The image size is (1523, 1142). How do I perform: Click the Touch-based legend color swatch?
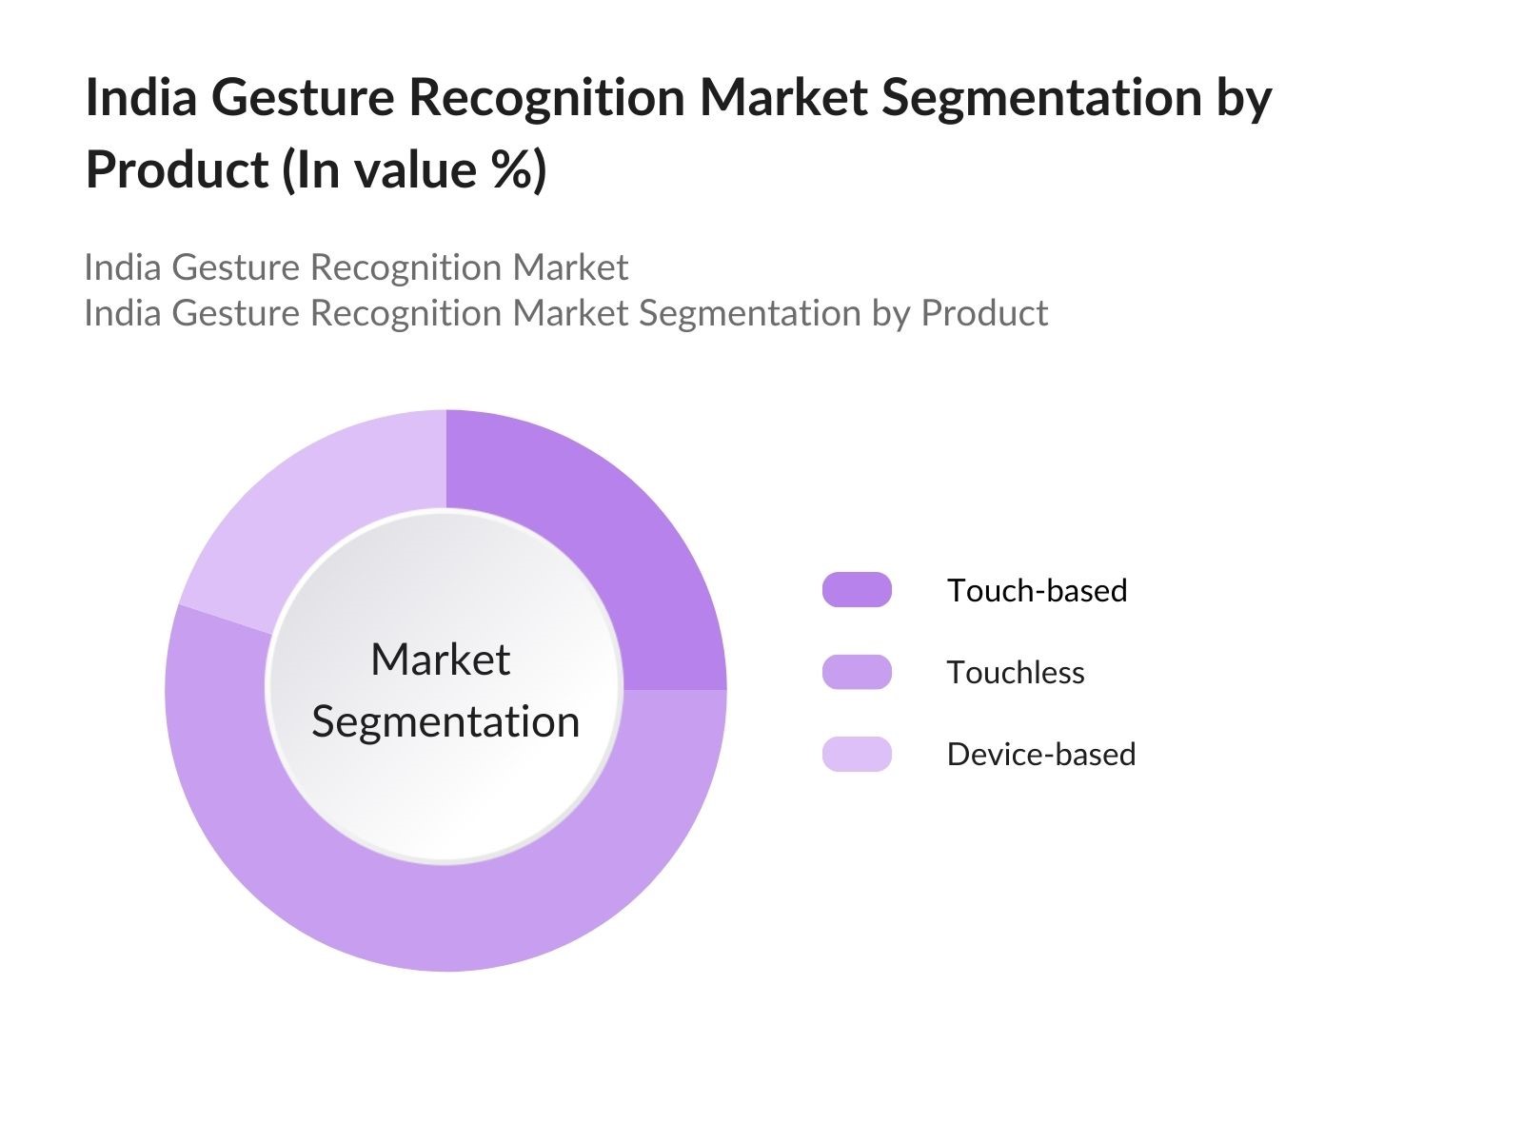click(857, 590)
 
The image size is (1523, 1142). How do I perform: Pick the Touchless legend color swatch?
click(857, 672)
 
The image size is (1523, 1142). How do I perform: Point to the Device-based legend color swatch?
click(857, 754)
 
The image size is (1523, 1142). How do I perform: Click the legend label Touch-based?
click(1037, 591)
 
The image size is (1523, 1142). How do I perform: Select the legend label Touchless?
click(1016, 673)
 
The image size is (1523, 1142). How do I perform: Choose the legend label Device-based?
click(1041, 755)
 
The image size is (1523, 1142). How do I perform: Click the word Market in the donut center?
click(440, 660)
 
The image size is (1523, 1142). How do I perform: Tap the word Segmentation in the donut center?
click(445, 722)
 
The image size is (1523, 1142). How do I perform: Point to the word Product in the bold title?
click(177, 170)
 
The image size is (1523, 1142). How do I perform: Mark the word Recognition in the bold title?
click(546, 98)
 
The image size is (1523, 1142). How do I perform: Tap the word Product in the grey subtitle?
click(984, 313)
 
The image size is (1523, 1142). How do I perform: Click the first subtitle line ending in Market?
click(356, 267)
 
